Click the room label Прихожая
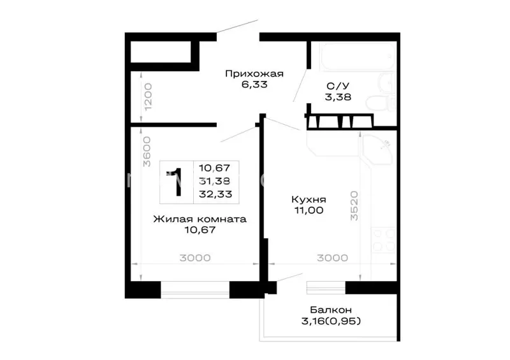(x=254, y=74)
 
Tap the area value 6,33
(x=254, y=85)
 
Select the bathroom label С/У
(x=338, y=86)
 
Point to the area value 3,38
(x=338, y=97)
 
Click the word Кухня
(x=309, y=199)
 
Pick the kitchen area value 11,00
(x=309, y=210)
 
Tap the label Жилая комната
(x=200, y=219)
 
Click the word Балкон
(x=331, y=309)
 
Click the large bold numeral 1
(x=177, y=182)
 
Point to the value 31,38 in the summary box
(x=215, y=181)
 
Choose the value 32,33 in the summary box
(x=215, y=194)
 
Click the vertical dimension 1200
(x=148, y=97)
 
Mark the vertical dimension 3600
(x=147, y=152)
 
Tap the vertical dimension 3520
(x=354, y=206)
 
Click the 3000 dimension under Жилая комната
(x=195, y=258)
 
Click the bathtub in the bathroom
(x=358, y=56)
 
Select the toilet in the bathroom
(x=381, y=103)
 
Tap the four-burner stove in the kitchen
(x=384, y=240)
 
